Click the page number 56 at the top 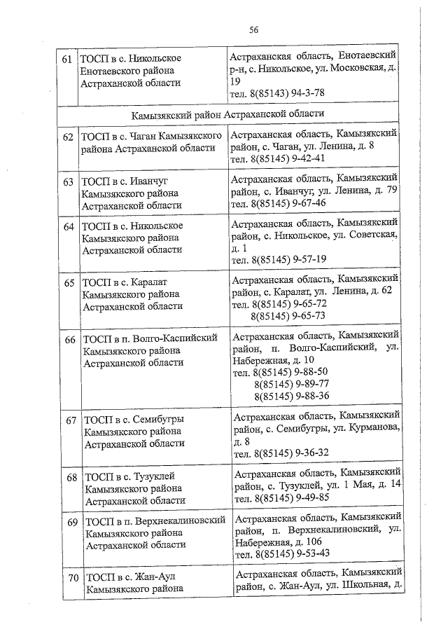point(254,29)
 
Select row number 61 point(67,59)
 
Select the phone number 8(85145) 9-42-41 point(288,158)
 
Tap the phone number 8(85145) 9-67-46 point(289,203)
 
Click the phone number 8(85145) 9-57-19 point(290,259)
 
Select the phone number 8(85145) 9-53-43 point(293,553)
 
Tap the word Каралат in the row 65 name point(145,282)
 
